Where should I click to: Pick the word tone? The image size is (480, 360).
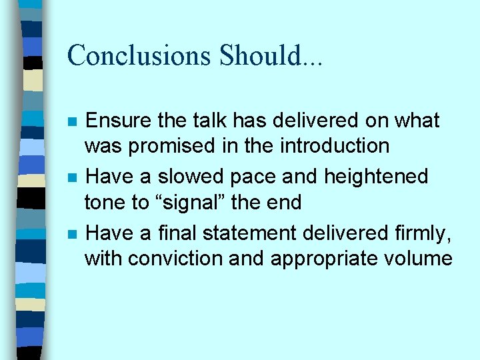pos(103,201)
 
